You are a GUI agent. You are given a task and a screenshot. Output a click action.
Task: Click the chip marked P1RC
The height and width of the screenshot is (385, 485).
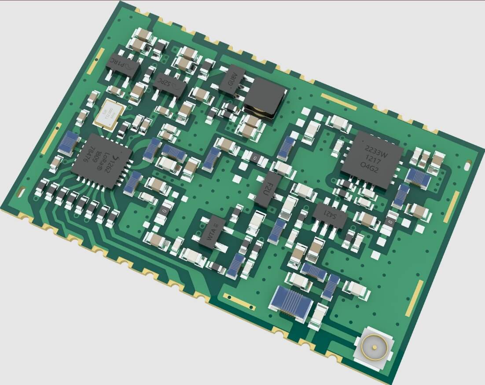click(123, 66)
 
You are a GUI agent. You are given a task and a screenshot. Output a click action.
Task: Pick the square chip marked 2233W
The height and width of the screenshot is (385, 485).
click(372, 160)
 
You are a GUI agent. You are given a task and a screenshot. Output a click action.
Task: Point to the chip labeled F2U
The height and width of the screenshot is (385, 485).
click(267, 189)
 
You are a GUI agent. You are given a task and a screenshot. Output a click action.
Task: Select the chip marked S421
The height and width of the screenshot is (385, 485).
click(330, 215)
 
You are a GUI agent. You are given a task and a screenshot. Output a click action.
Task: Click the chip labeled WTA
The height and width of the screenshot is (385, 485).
click(210, 232)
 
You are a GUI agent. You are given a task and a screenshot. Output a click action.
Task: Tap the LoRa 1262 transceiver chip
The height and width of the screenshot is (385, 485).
click(102, 161)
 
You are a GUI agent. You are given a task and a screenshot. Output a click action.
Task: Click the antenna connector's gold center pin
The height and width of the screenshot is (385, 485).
click(375, 346)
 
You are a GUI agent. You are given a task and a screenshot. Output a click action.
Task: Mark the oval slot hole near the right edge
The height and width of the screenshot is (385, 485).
click(467, 166)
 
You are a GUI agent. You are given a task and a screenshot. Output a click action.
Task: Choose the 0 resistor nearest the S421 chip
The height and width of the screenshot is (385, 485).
click(389, 222)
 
